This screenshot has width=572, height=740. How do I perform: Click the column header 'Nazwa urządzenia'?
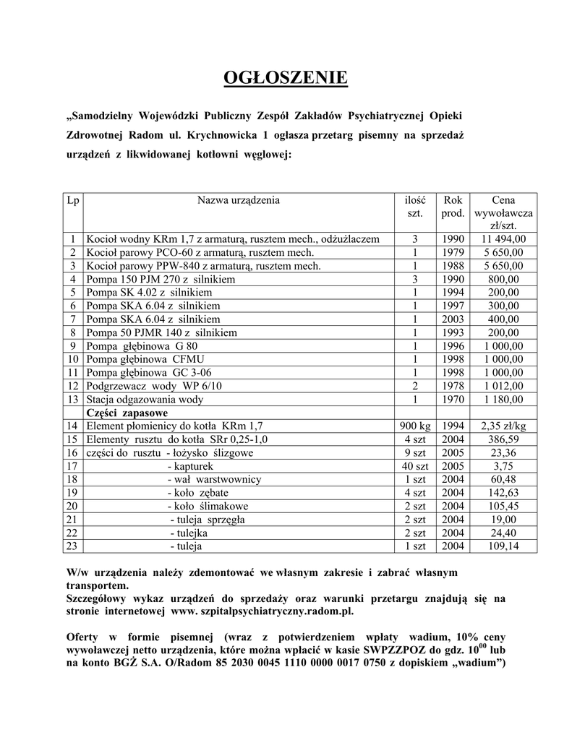(x=239, y=200)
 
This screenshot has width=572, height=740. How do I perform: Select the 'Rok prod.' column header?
(x=453, y=207)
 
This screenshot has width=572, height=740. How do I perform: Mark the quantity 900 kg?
(x=415, y=426)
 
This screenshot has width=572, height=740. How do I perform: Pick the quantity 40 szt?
(x=415, y=466)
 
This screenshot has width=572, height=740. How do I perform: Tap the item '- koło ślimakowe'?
(x=207, y=506)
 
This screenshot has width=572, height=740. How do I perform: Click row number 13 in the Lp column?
(x=72, y=399)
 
